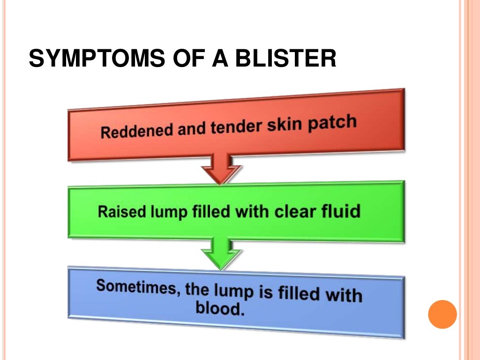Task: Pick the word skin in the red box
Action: [x=285, y=124]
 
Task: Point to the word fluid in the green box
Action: [x=340, y=211]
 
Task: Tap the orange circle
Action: [x=442, y=314]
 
